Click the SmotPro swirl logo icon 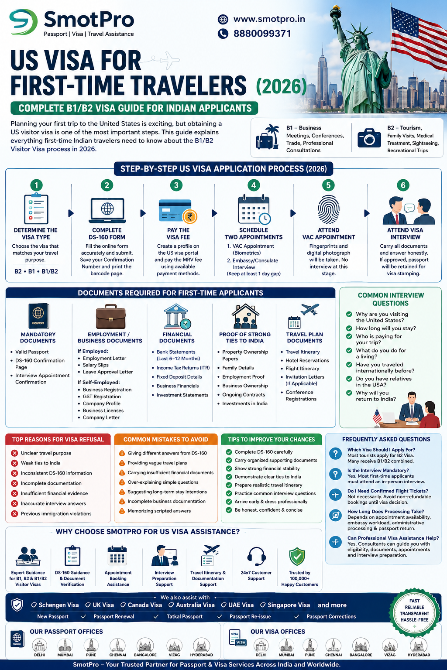point(23,21)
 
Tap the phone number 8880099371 point(262,33)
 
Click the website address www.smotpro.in point(269,19)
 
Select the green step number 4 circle point(254,185)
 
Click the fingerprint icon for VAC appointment point(328,210)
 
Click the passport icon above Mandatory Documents point(38,316)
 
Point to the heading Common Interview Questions point(390,299)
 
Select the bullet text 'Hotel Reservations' point(307,360)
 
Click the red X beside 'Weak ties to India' point(14,463)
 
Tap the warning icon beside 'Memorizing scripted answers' point(122,511)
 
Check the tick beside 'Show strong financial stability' point(229,468)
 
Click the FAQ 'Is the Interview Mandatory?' point(378,470)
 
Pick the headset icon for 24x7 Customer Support point(256,556)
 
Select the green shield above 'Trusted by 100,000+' point(297,556)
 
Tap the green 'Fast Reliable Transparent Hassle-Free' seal point(415,611)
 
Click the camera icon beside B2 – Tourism point(369,138)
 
